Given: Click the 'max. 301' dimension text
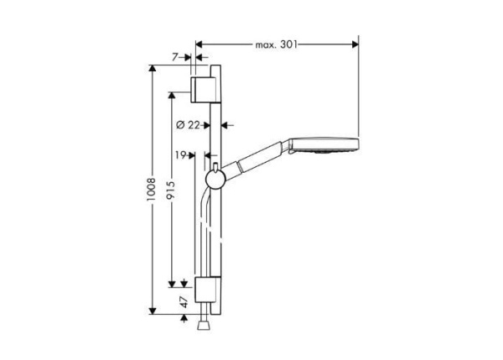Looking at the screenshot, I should [x=277, y=43].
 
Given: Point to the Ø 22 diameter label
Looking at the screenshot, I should [x=191, y=125].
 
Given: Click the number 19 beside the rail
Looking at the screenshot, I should [x=181, y=154].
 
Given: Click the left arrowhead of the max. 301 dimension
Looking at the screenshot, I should [x=200, y=43].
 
